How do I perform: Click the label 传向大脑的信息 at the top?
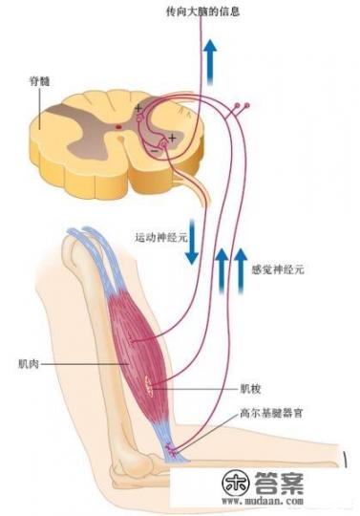203,13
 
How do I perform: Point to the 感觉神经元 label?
277,270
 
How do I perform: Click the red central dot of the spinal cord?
118,125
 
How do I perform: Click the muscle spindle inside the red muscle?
150,385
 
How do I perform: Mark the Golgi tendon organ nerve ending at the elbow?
173,448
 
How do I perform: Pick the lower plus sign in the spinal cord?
172,140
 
